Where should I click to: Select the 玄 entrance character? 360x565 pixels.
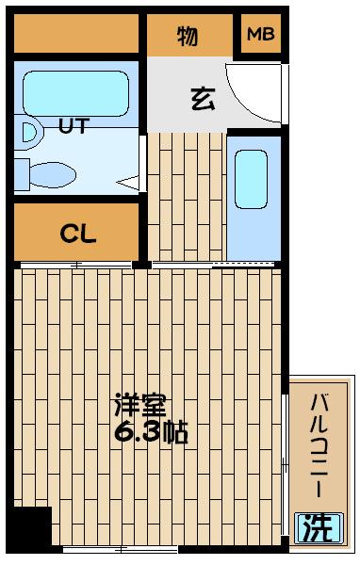201,98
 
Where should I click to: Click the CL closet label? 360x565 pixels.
80,234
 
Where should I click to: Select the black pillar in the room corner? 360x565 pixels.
30,527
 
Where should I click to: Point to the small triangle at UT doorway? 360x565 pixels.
128,180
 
